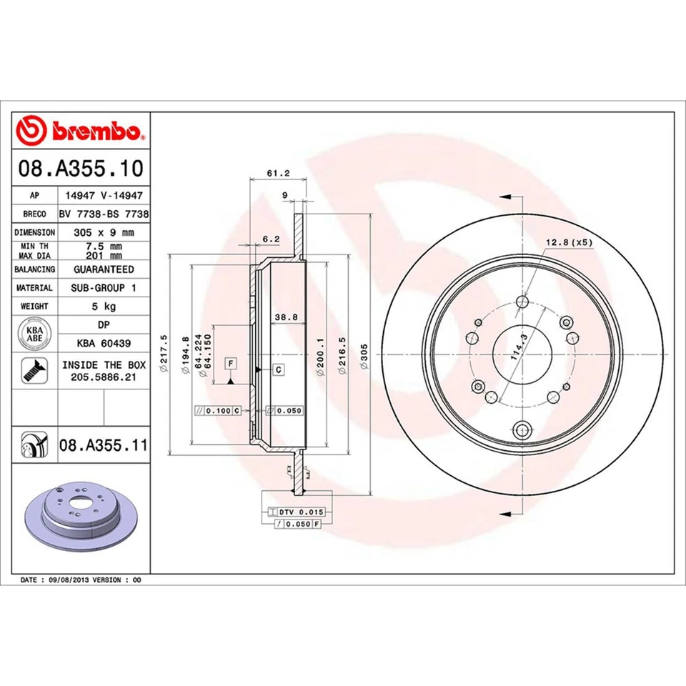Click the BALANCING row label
coord(34,269)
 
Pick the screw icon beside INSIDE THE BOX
coord(34,369)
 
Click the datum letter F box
coord(232,364)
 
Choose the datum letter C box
coord(278,369)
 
